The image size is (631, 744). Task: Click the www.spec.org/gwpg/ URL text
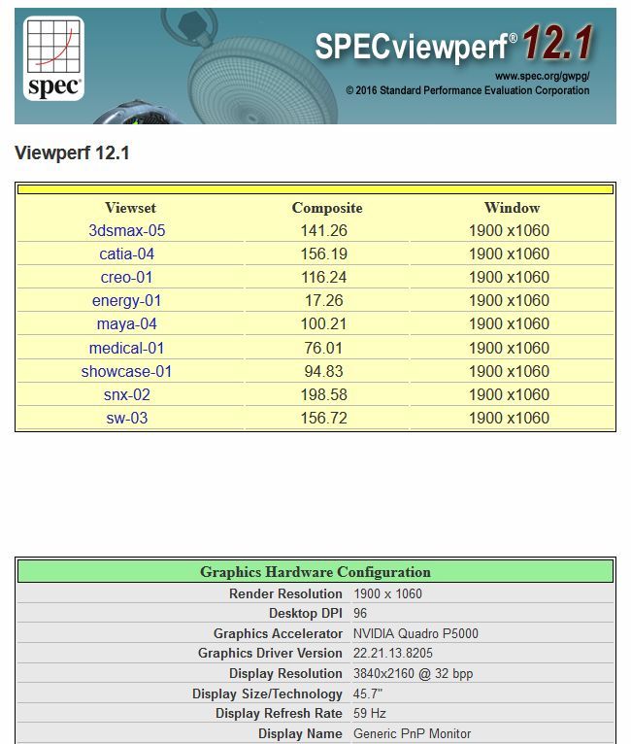click(x=542, y=76)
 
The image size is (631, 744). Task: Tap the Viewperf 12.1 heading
click(x=72, y=153)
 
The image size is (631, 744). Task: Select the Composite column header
click(x=327, y=208)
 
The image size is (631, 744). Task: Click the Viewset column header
click(x=130, y=208)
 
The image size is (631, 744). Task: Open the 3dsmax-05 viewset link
click(x=127, y=231)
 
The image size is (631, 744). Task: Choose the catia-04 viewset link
click(x=127, y=254)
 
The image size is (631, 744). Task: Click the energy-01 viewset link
click(x=127, y=301)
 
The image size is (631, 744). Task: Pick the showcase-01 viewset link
click(x=127, y=371)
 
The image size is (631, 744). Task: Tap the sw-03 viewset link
click(x=127, y=419)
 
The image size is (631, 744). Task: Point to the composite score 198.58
click(x=324, y=395)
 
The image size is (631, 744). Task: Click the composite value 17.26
click(x=324, y=301)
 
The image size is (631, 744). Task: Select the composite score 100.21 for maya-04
click(x=324, y=324)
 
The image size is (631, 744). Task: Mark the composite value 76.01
click(x=324, y=348)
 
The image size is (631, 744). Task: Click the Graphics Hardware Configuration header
click(x=315, y=572)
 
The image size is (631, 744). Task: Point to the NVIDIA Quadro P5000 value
click(x=415, y=633)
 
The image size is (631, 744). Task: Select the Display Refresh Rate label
click(x=279, y=714)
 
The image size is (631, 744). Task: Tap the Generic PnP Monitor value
click(x=412, y=734)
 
